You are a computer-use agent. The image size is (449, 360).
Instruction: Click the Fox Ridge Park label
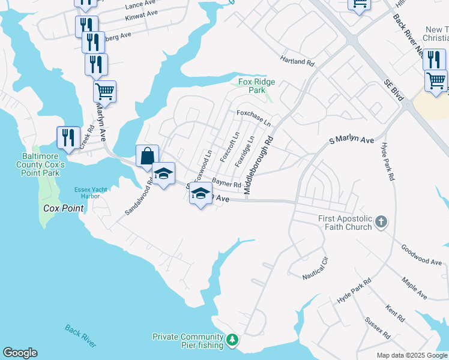(252, 86)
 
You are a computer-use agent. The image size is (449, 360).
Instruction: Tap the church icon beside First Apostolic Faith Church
(381, 223)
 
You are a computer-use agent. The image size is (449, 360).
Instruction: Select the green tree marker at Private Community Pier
(232, 340)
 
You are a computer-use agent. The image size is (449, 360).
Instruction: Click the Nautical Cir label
(316, 268)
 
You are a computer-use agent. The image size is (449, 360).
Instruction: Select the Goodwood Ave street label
(421, 254)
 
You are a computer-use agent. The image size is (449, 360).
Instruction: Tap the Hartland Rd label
(297, 61)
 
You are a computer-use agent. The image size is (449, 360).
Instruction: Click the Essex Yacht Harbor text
(91, 193)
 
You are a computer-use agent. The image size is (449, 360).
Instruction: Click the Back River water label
(80, 336)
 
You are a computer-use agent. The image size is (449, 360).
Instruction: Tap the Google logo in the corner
(20, 353)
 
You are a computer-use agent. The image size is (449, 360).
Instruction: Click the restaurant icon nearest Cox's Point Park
(68, 137)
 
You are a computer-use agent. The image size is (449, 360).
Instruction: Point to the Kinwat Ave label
(142, 15)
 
